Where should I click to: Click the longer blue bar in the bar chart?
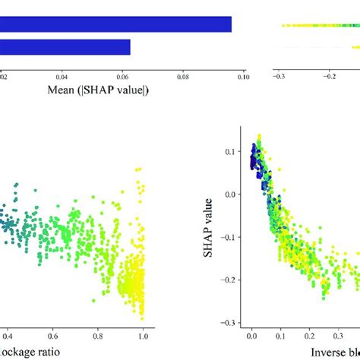point(114,24)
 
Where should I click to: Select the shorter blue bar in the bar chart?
point(65,47)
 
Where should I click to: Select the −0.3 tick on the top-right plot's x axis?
point(279,76)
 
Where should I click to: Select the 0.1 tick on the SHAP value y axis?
point(230,152)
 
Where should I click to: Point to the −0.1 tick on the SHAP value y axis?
point(229,257)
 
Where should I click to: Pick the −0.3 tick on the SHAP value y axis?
point(229,322)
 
